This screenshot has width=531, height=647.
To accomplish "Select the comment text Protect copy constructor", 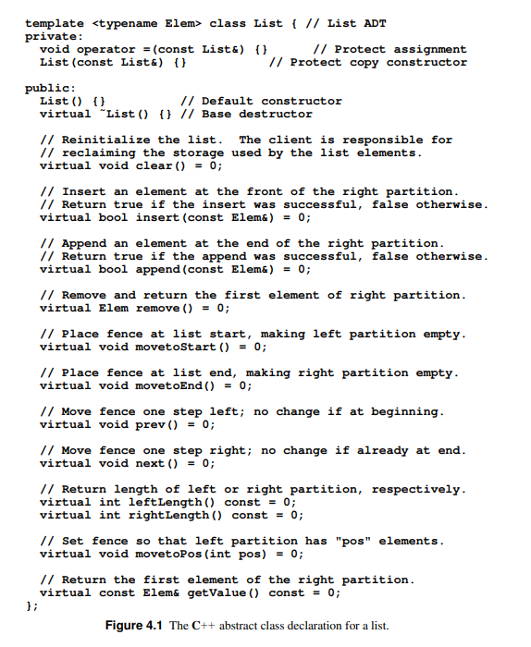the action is coord(378,62).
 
